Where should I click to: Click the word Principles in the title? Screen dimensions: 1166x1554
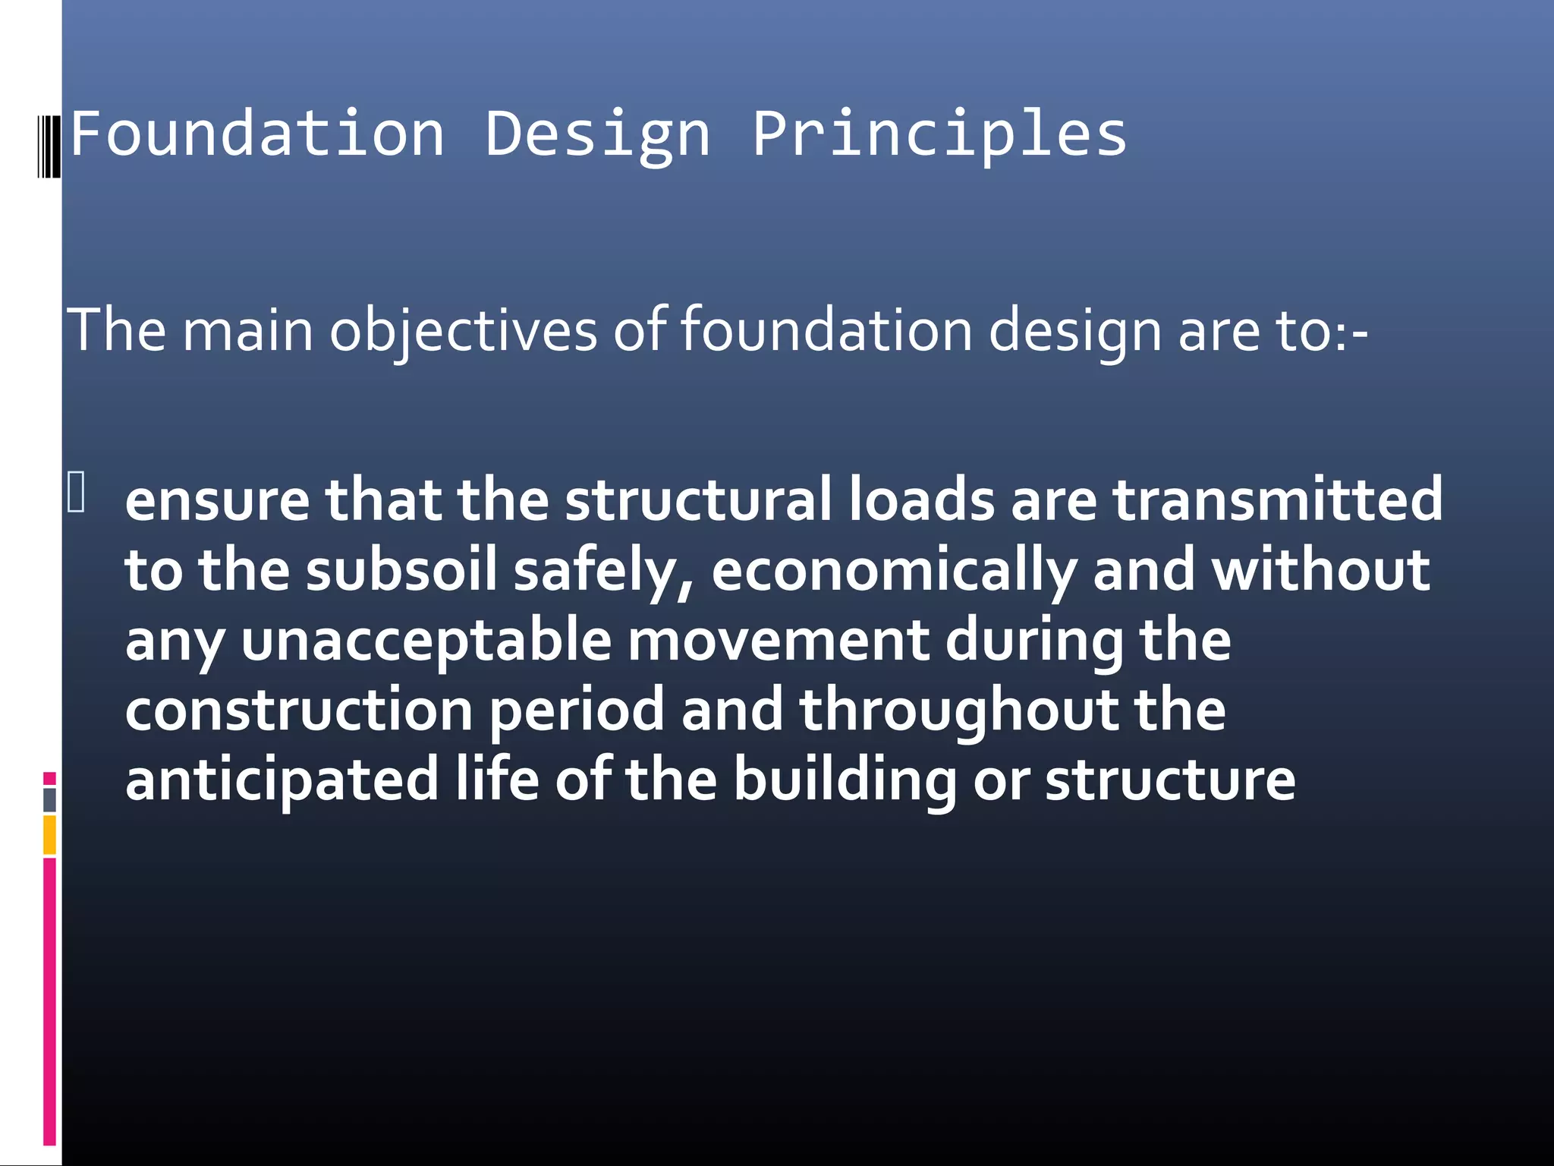[939, 134]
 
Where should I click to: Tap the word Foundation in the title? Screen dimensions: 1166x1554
[257, 134]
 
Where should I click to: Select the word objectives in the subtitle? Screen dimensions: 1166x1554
[463, 331]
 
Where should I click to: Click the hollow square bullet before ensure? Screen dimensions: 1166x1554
[76, 492]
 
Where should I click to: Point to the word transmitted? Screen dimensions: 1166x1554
[1277, 500]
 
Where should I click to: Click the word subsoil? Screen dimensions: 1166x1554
[401, 570]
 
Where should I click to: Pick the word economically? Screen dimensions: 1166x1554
[892, 572]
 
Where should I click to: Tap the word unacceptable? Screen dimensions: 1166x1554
[426, 640]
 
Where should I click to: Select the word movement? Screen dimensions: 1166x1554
[778, 640]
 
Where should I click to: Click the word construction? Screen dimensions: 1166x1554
[299, 710]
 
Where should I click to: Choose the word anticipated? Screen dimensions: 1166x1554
[282, 780]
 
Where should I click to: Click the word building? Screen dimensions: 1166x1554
[845, 780]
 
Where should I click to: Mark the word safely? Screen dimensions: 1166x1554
[602, 572]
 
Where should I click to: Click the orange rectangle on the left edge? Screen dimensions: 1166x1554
[49, 835]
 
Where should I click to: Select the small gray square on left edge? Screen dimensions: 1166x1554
[49, 799]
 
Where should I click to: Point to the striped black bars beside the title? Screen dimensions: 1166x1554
[49, 145]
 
